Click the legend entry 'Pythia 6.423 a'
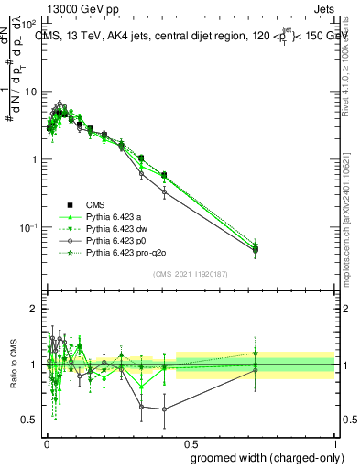(x=114, y=216)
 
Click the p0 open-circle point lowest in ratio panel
(x=164, y=409)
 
